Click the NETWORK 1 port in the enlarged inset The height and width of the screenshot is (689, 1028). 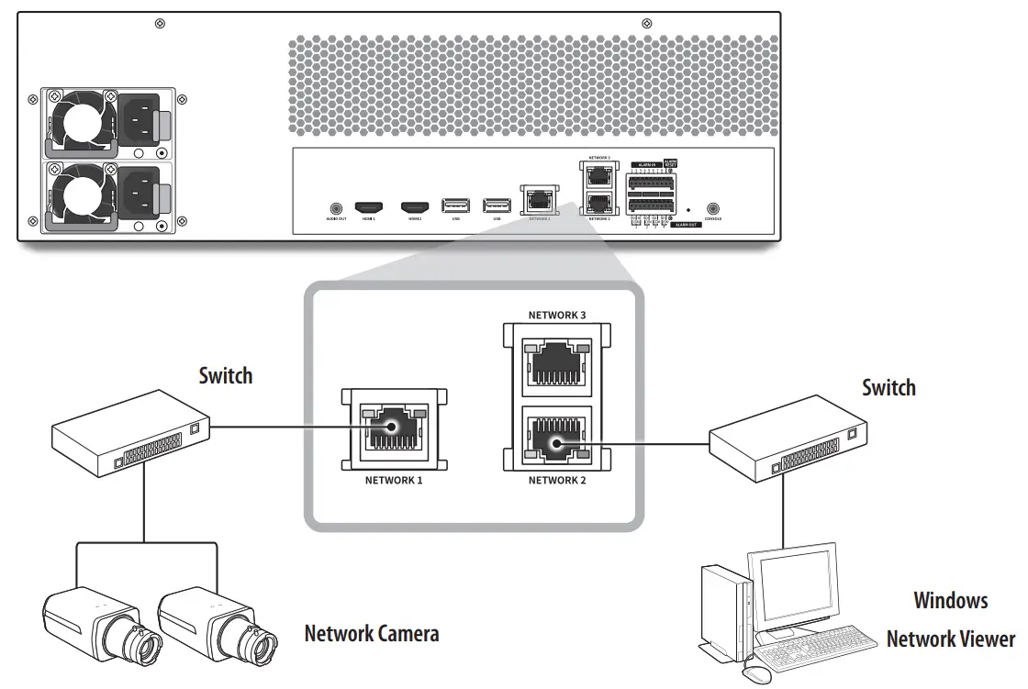coord(393,429)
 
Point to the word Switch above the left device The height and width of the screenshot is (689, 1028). coord(225,375)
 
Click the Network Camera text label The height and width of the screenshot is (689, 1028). coord(371,633)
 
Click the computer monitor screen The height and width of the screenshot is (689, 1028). coord(790,591)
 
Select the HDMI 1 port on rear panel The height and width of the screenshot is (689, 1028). coord(368,207)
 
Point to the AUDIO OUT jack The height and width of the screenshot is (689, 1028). coord(335,208)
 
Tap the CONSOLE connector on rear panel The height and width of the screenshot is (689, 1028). coord(711,209)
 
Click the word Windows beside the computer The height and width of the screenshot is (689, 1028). coord(950,601)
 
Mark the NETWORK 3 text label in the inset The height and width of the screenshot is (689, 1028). coord(556,315)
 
